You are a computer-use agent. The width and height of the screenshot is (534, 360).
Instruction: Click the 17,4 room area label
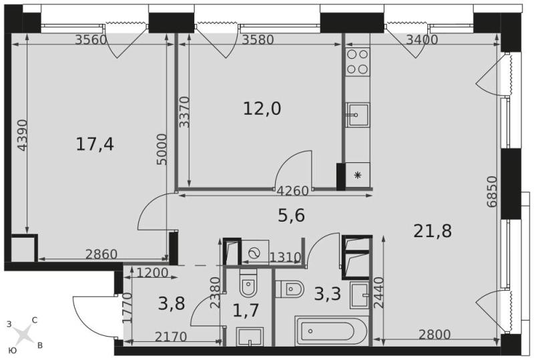[95, 144]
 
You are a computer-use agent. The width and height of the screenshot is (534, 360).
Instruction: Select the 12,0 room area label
[261, 109]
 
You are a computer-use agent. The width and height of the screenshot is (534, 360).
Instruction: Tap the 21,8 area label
[433, 231]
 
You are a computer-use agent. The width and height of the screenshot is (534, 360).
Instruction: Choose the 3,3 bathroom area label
[327, 293]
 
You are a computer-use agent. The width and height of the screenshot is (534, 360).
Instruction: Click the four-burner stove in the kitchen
[358, 61]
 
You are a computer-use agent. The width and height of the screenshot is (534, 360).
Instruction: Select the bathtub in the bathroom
[331, 331]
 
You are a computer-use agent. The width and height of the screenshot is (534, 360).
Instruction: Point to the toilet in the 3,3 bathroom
[289, 289]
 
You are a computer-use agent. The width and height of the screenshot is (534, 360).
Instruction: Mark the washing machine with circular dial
[254, 252]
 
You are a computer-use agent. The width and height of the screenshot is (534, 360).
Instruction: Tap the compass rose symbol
[23, 334]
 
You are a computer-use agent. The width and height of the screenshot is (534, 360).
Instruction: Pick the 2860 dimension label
[101, 254]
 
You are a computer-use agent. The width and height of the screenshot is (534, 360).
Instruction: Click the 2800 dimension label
[434, 334]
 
